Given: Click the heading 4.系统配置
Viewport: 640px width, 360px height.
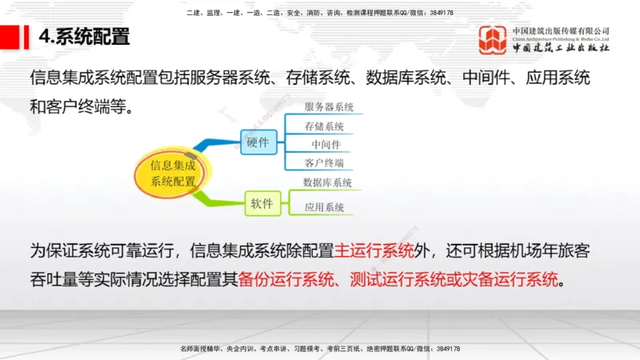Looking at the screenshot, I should (x=84, y=37).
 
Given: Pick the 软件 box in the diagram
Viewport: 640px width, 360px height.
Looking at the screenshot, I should (x=262, y=204).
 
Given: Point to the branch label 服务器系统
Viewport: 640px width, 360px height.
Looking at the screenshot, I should (x=329, y=106).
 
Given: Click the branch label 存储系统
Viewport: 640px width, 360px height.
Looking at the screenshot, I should (x=324, y=126).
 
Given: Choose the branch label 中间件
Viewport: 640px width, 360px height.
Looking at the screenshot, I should (x=326, y=145).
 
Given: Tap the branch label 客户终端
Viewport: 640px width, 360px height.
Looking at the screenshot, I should (x=324, y=163).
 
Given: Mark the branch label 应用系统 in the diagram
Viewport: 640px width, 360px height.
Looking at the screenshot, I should (x=324, y=207).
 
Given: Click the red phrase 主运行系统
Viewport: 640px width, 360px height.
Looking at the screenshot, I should (x=374, y=250).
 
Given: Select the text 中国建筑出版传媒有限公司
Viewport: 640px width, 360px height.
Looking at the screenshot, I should (x=562, y=30).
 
